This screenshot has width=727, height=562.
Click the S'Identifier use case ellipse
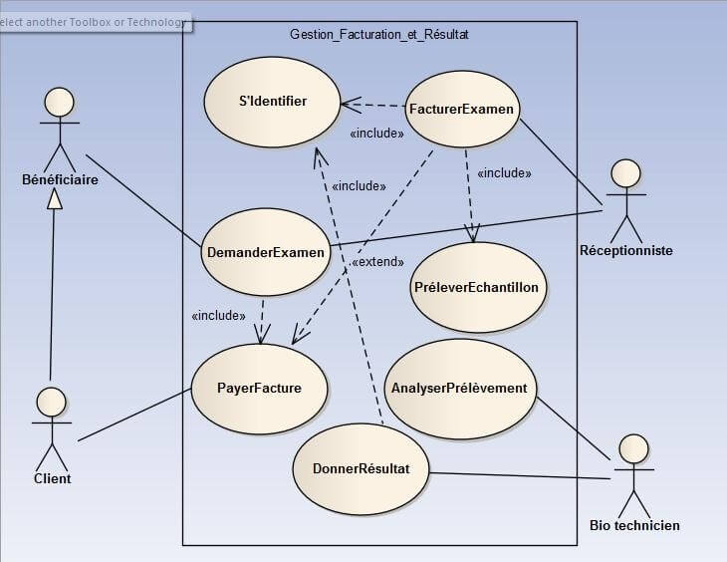point(272,101)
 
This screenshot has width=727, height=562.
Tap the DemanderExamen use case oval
point(265,252)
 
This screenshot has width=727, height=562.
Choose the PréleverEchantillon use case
point(475,287)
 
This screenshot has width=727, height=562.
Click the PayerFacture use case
point(259,388)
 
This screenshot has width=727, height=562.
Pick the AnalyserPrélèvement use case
point(459,388)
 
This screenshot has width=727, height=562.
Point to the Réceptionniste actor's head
point(625,173)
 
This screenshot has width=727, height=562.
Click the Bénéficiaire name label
point(60,179)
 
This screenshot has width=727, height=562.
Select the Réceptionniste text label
point(625,251)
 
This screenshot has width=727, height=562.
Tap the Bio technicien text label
point(634,525)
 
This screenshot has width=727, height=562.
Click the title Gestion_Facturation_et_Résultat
point(378,34)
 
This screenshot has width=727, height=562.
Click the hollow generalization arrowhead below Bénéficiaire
point(57,199)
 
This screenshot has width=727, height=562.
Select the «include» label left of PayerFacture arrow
point(218,315)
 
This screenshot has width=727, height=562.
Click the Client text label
point(52,478)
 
